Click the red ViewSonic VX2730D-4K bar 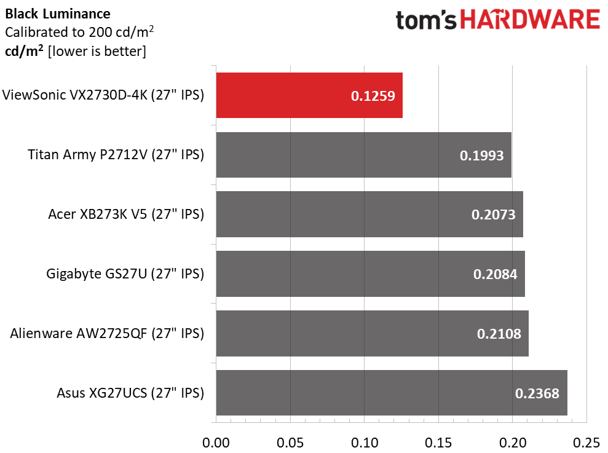(x=309, y=95)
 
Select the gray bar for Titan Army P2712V (x=364, y=155)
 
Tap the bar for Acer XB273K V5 (x=369, y=214)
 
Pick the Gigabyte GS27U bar (x=371, y=274)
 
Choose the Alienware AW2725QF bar (x=373, y=333)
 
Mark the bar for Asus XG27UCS (x=392, y=393)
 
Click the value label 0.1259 (x=373, y=96)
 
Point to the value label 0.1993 (x=481, y=156)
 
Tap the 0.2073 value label (x=493, y=215)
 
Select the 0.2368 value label (x=537, y=393)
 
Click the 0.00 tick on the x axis (x=216, y=443)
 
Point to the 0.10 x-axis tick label (x=365, y=443)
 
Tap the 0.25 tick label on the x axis (x=586, y=443)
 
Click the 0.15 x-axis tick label (x=438, y=443)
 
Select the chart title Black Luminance (x=58, y=14)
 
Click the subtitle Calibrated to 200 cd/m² (x=79, y=32)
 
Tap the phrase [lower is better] (x=97, y=51)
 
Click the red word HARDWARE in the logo (x=530, y=20)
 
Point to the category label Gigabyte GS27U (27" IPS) (x=125, y=274)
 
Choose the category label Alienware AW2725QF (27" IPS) (x=107, y=334)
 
